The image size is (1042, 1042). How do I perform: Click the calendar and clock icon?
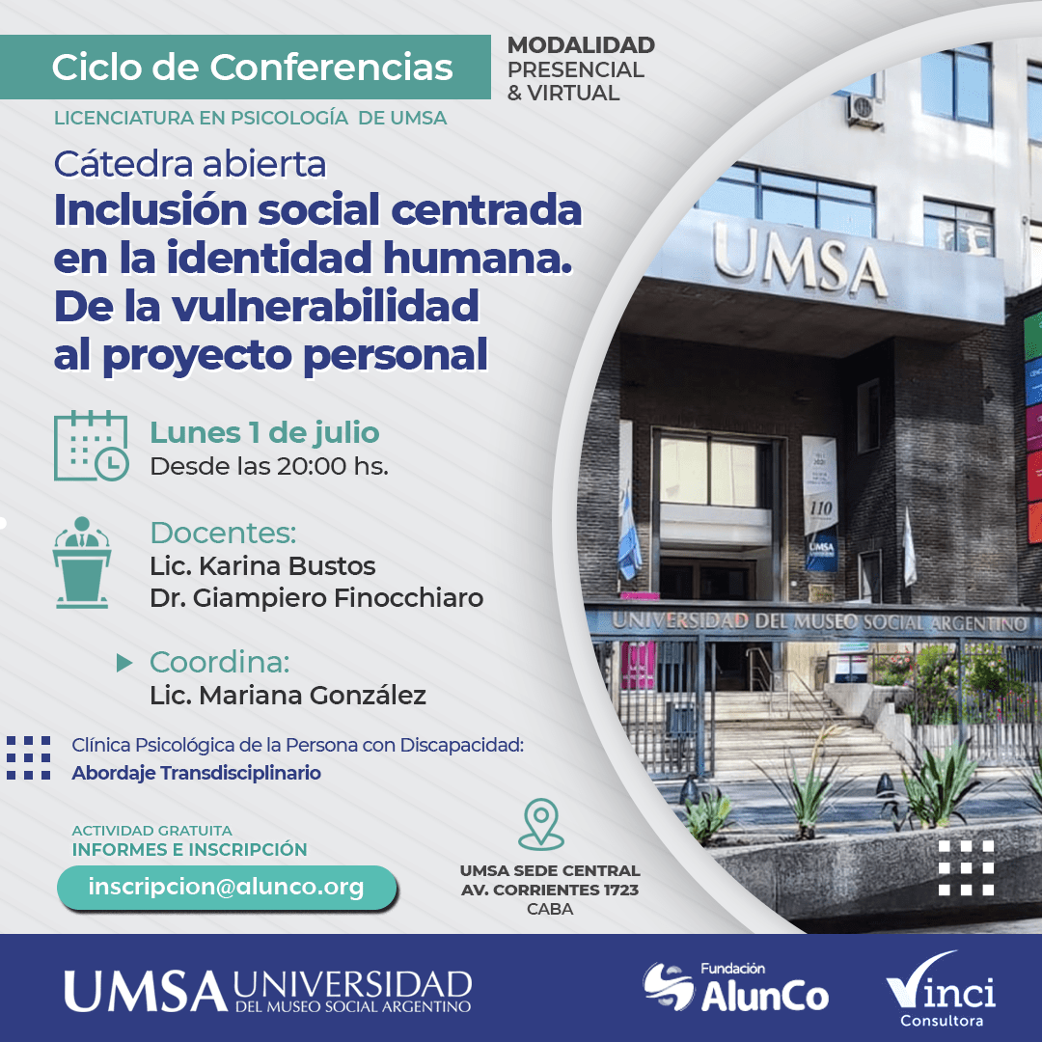(x=91, y=446)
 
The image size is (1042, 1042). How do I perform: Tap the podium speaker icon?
(x=82, y=562)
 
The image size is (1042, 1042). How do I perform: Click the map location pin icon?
(x=541, y=824)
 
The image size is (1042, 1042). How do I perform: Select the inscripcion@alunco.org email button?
(x=227, y=888)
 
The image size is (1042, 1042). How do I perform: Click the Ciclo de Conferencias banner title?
(x=252, y=68)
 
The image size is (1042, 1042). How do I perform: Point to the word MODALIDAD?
(x=581, y=45)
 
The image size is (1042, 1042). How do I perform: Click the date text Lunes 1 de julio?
(x=264, y=432)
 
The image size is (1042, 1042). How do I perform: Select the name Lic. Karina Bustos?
(x=262, y=565)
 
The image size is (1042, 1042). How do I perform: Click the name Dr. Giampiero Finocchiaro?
(x=316, y=598)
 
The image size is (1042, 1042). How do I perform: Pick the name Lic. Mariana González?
(x=288, y=695)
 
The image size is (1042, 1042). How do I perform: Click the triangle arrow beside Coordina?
(x=124, y=663)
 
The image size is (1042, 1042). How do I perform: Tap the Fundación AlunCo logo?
(x=735, y=987)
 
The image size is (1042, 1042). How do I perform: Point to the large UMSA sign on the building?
(x=800, y=260)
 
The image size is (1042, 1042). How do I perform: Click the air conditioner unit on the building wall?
(x=864, y=110)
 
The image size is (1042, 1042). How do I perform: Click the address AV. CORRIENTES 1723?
(x=550, y=890)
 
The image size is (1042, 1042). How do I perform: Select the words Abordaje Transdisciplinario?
(x=196, y=773)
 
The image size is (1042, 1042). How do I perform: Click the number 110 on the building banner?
(x=821, y=508)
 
